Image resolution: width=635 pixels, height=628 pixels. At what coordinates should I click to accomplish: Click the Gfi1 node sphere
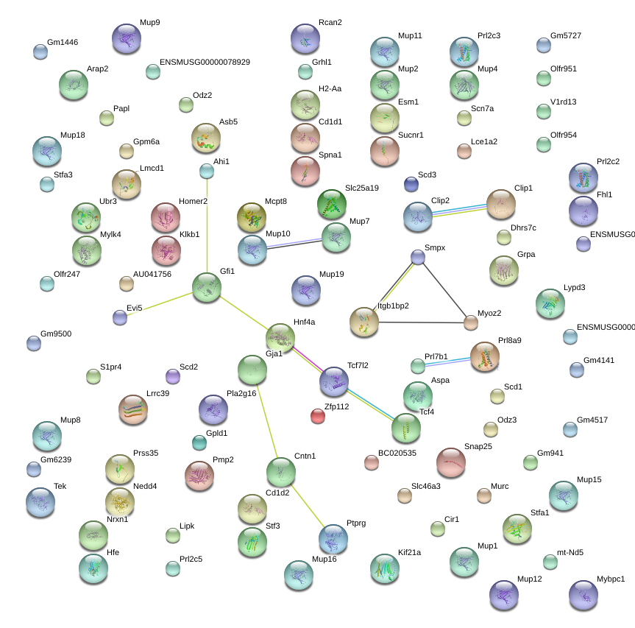point(207,287)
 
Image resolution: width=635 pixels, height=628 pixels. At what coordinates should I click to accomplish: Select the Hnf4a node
point(280,337)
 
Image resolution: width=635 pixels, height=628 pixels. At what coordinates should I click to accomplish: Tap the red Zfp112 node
point(318,417)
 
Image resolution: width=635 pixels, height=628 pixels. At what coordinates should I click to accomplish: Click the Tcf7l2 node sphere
point(334,381)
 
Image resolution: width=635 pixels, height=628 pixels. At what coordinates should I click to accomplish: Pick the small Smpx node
point(418,257)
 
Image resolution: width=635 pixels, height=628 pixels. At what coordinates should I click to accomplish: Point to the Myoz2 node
point(471,322)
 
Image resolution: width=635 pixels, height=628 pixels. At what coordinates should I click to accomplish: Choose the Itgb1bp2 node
point(363,322)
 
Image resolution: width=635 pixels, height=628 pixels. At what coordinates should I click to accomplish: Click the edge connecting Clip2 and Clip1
point(460,210)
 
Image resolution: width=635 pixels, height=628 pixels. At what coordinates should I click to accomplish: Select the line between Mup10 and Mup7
point(294,243)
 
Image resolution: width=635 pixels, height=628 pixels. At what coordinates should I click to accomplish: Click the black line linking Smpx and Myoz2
point(444,289)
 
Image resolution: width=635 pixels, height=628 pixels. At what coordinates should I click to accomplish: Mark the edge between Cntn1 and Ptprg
point(307,504)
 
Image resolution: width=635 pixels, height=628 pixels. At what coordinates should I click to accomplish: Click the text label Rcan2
point(330,22)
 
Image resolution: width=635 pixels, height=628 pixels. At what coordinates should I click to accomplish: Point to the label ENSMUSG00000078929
point(205,62)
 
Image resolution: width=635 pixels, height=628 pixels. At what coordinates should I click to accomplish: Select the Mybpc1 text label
point(611,579)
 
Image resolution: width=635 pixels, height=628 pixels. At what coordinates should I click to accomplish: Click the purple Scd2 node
point(173,376)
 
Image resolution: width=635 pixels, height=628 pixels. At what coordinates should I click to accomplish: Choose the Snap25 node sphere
point(450,462)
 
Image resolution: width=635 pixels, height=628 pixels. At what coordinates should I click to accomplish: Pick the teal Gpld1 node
point(199,442)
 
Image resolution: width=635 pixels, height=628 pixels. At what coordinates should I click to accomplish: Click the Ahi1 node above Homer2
point(207,172)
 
